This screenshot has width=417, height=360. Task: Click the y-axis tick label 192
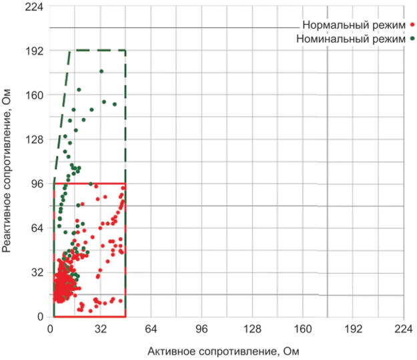coord(34,51)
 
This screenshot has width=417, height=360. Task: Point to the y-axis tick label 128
coord(34,140)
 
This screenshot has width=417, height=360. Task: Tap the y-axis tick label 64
coord(37,228)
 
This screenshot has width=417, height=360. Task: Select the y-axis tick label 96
coord(37,184)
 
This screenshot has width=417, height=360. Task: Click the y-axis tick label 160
coord(34,95)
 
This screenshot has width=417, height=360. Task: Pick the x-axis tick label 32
coord(101,329)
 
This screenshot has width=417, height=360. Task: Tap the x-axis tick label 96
coord(201,329)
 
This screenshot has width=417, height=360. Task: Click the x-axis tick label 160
coord(303,329)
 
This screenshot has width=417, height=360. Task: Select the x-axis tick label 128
coord(252,329)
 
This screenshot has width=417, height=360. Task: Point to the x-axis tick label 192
coord(354,329)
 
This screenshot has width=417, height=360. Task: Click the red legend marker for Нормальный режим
coord(412,25)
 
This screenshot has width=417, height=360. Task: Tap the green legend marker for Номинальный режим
coord(412,39)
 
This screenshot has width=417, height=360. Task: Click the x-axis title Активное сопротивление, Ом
coord(224,351)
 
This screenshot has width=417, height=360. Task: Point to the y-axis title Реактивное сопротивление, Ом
coord(7,170)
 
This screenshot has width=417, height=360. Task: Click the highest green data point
coord(101,71)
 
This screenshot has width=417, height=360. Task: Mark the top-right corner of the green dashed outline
coord(125,50)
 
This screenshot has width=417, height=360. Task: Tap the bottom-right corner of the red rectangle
coord(125,317)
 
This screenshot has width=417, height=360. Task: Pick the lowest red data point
coord(90,311)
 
